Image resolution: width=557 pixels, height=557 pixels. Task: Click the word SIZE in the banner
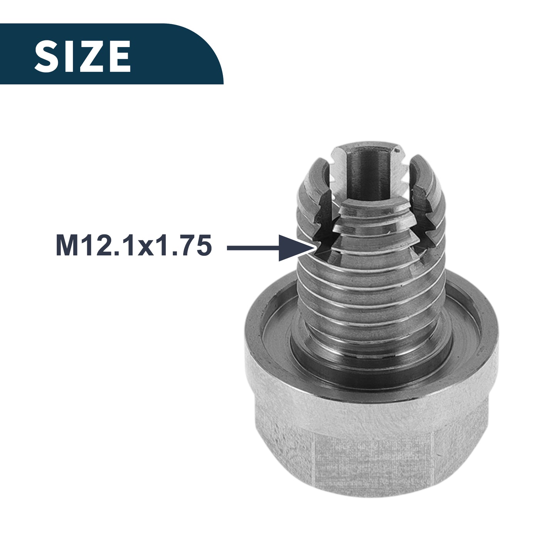click(82, 56)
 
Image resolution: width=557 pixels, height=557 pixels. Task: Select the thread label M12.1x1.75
click(134, 246)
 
